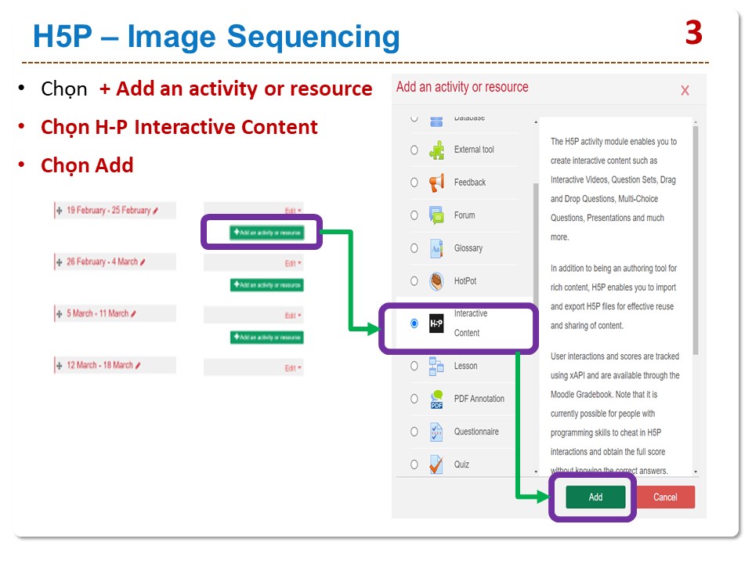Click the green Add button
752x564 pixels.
point(595,497)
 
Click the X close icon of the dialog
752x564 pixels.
point(685,91)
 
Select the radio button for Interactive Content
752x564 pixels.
point(414,323)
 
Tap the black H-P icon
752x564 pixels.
point(436,323)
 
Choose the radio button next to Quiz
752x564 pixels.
point(414,465)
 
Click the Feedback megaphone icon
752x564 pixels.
point(436,183)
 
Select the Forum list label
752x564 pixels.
point(465,215)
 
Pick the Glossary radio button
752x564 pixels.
point(414,248)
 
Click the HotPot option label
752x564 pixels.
point(465,281)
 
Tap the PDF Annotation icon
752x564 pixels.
point(436,399)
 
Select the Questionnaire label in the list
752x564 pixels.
point(476,432)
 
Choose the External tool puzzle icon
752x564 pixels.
point(436,150)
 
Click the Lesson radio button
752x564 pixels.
point(414,366)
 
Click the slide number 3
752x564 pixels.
point(693,33)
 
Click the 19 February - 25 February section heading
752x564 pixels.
point(108,211)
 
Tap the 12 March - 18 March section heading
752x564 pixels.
point(99,365)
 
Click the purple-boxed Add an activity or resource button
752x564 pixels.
point(266,233)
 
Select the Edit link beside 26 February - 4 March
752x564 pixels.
point(292,263)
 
